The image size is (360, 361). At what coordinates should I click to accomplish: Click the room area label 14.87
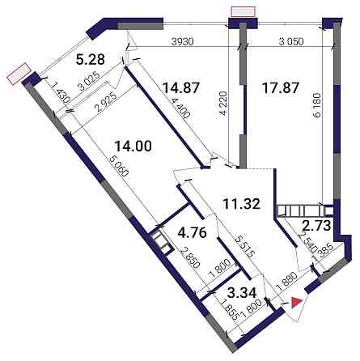point(181,88)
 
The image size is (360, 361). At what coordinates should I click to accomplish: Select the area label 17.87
point(281,88)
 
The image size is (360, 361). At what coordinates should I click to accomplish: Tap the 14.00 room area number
point(133,146)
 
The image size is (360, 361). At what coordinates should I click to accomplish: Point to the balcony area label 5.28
point(90,59)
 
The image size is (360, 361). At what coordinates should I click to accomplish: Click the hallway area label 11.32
point(242,204)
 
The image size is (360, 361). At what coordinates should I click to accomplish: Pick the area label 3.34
point(242,293)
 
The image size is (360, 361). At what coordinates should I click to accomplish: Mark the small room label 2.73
point(316,226)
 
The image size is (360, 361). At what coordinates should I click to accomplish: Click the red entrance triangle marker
point(296,303)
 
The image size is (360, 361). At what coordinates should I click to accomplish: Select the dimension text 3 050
point(290,41)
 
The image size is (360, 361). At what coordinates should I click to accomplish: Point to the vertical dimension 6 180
point(317,105)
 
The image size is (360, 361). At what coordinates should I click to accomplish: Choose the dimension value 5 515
point(245,246)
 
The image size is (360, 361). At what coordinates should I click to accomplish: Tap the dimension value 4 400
point(181,106)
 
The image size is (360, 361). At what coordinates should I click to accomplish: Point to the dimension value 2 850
point(192,257)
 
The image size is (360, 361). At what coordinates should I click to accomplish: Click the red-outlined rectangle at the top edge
point(244,12)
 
